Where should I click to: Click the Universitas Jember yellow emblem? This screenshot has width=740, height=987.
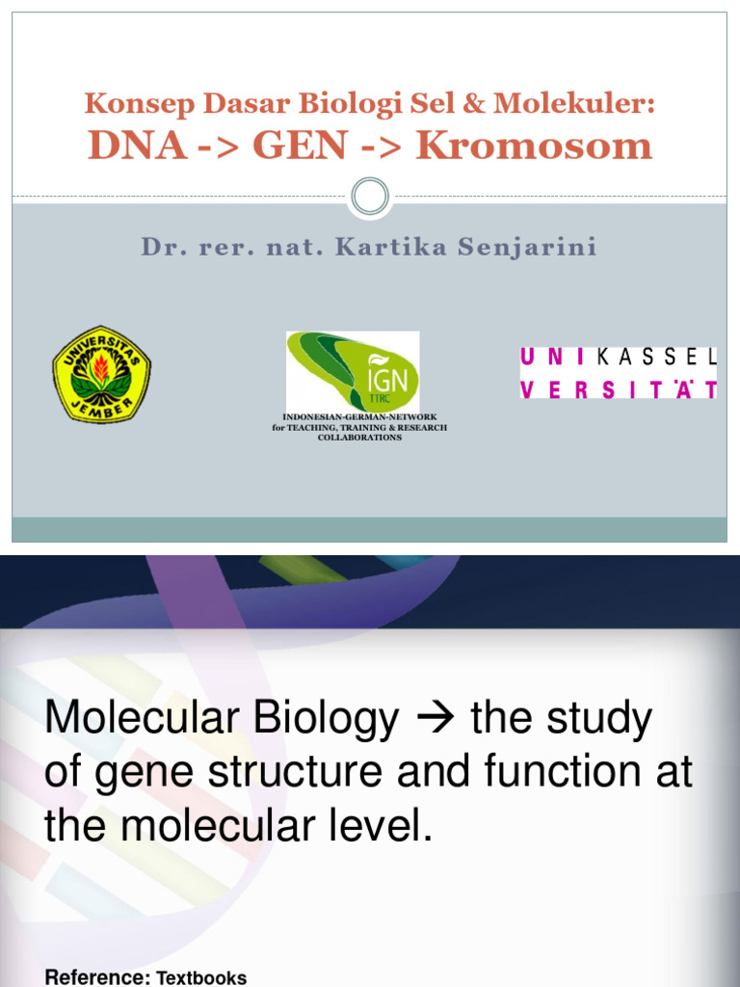click(x=101, y=373)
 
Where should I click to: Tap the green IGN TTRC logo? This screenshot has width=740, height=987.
click(x=353, y=371)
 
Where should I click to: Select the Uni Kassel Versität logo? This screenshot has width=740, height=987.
click(x=619, y=373)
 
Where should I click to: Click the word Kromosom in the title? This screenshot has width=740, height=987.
click(x=534, y=147)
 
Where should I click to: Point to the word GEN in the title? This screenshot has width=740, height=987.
click(x=301, y=147)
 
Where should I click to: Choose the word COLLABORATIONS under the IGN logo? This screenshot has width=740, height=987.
click(x=359, y=438)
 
